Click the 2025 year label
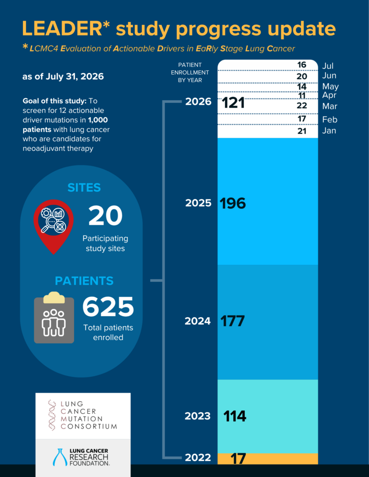(198, 203)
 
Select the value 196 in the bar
(232, 203)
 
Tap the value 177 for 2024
(232, 321)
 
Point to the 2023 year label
(197, 416)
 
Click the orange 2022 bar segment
(267, 459)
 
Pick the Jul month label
(328, 66)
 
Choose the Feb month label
(330, 120)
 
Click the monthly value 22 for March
(302, 106)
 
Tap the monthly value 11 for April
(302, 96)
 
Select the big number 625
(108, 307)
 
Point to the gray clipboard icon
(54, 318)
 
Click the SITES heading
(84, 188)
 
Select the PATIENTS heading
(84, 281)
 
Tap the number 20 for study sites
(105, 216)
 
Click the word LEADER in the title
(62, 28)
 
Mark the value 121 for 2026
(233, 102)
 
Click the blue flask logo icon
(60, 457)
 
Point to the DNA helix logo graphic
(52, 415)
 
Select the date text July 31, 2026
(75, 76)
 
